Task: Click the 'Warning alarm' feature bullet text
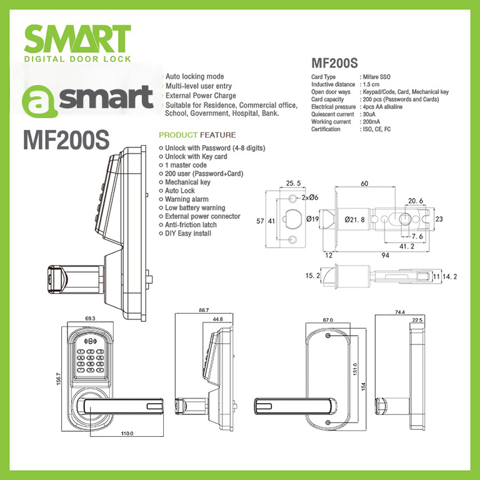[187, 199]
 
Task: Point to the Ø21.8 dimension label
[355, 219]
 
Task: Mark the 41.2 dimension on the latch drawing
[407, 247]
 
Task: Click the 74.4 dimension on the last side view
[400, 312]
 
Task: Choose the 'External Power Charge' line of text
[200, 96]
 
